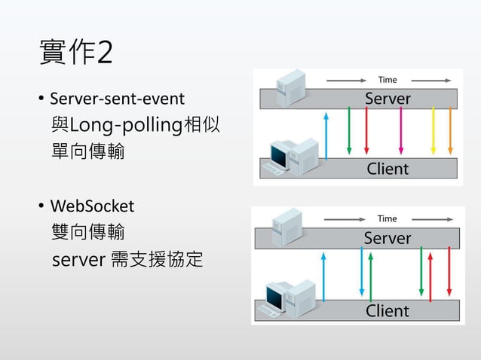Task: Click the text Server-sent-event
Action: [117, 99]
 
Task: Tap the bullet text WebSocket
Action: [92, 206]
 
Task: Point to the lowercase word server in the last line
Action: [78, 260]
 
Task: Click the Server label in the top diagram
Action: [388, 99]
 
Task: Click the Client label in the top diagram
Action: [388, 168]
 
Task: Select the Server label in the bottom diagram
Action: [388, 238]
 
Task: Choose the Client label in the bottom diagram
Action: [388, 310]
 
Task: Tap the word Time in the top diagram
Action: [388, 79]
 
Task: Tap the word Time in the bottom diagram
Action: [388, 218]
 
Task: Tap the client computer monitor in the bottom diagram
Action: [277, 295]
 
